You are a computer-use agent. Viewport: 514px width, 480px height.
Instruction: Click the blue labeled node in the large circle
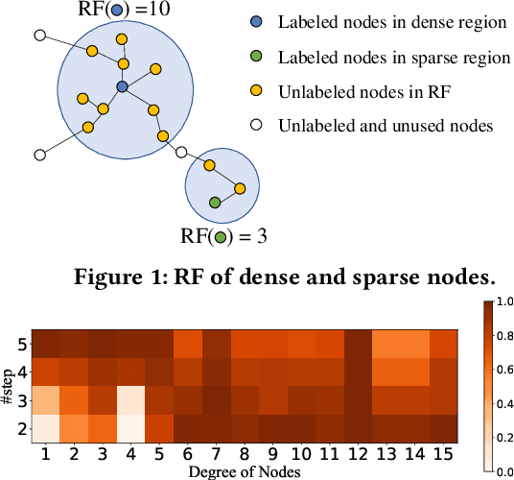tap(122, 87)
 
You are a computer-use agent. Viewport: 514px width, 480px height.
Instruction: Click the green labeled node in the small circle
tap(215, 203)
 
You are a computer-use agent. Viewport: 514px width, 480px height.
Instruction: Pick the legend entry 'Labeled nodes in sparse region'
tap(394, 58)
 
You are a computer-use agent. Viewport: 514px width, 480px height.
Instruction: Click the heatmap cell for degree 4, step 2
tap(130, 424)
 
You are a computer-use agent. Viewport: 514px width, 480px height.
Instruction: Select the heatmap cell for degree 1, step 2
tap(44, 424)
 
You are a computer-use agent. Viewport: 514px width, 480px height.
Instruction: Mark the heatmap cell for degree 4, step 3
tap(130, 397)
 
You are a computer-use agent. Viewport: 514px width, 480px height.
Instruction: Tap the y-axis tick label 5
tap(21, 344)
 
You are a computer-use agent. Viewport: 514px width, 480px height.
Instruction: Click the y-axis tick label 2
tap(21, 424)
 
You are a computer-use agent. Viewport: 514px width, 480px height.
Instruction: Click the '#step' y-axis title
tap(8, 384)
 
